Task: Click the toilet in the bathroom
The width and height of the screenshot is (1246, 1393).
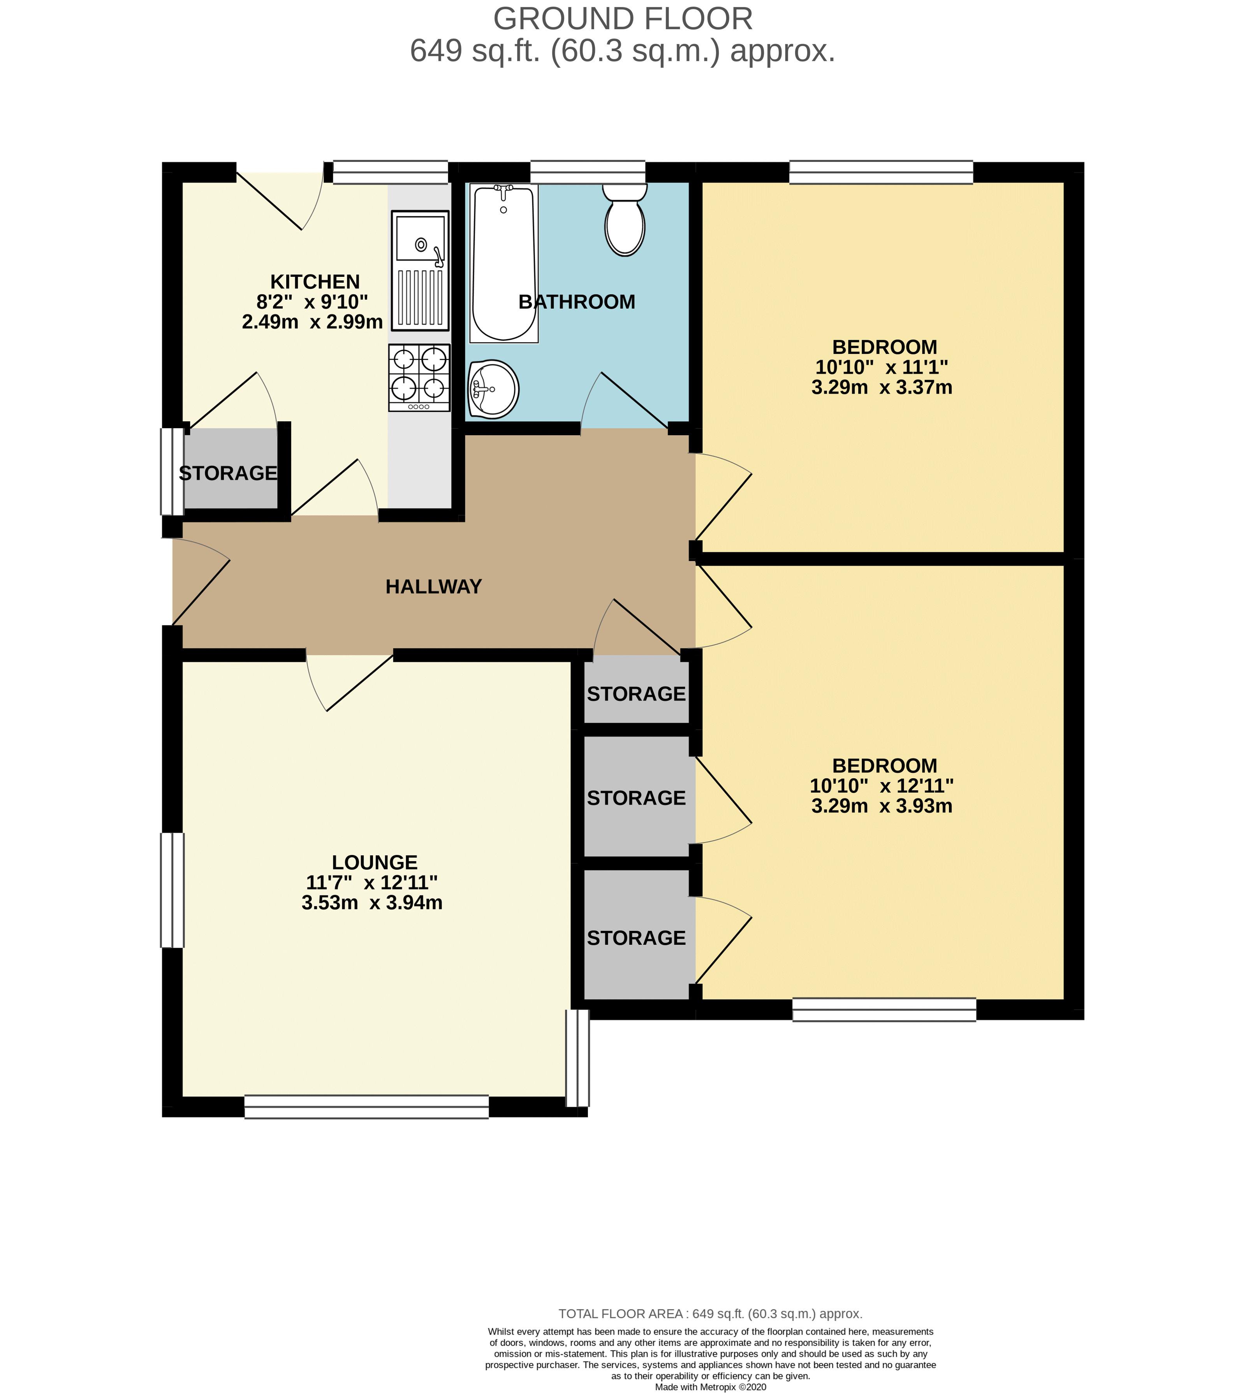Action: (x=625, y=222)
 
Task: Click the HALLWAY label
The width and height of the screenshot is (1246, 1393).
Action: (x=433, y=587)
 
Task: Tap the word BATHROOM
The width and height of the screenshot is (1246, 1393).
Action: (x=576, y=302)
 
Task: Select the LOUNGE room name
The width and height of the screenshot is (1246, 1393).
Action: (x=375, y=862)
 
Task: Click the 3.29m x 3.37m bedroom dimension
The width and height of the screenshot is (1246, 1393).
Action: (x=881, y=387)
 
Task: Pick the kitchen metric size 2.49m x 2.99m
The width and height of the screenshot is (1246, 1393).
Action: (x=312, y=322)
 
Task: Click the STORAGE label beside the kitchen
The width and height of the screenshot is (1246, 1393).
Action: (x=228, y=473)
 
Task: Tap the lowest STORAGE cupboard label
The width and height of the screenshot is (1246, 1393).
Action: (x=636, y=938)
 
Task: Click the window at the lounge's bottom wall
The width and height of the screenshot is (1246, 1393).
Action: (x=366, y=1107)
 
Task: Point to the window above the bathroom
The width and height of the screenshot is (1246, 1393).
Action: (x=588, y=171)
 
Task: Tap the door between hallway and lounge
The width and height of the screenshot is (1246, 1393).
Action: (x=350, y=681)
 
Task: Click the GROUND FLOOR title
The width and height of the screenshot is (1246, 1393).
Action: (x=622, y=19)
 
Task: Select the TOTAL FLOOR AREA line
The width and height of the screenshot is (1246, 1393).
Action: (x=710, y=1314)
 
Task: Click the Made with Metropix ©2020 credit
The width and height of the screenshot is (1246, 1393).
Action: (x=710, y=1387)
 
